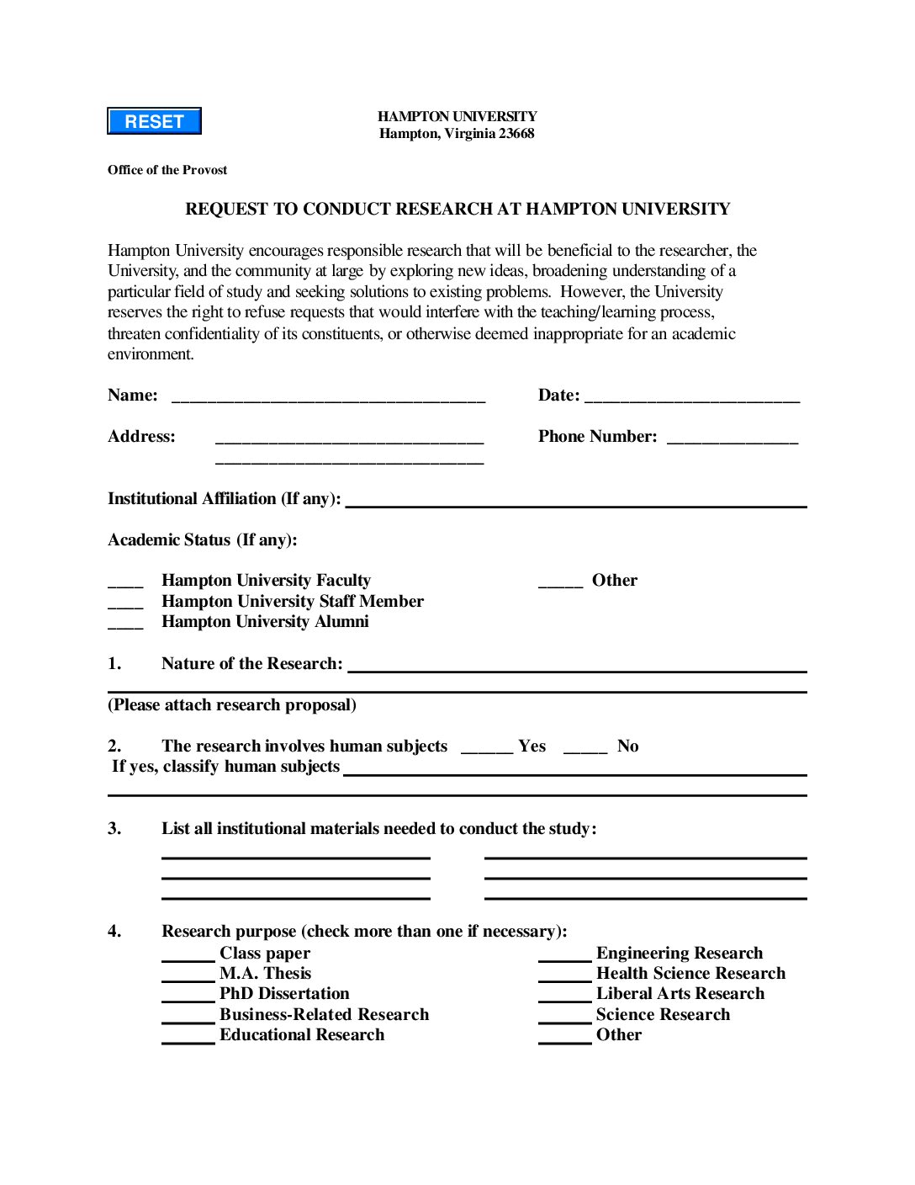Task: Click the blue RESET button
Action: (x=154, y=121)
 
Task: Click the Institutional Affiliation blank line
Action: (x=576, y=503)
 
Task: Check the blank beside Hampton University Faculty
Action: (x=125, y=582)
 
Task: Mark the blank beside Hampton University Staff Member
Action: (x=125, y=603)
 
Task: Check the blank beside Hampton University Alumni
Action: (x=125, y=624)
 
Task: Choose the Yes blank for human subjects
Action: (x=486, y=748)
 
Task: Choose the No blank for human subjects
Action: (x=584, y=748)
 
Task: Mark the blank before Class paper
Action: (x=188, y=956)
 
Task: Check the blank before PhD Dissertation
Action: (x=188, y=996)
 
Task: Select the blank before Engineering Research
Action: (x=564, y=956)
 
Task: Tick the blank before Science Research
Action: (x=564, y=1018)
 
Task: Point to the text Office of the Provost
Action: (x=167, y=170)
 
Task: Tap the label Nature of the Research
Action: (x=252, y=663)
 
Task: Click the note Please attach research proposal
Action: (x=232, y=705)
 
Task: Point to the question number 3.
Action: (x=114, y=829)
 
